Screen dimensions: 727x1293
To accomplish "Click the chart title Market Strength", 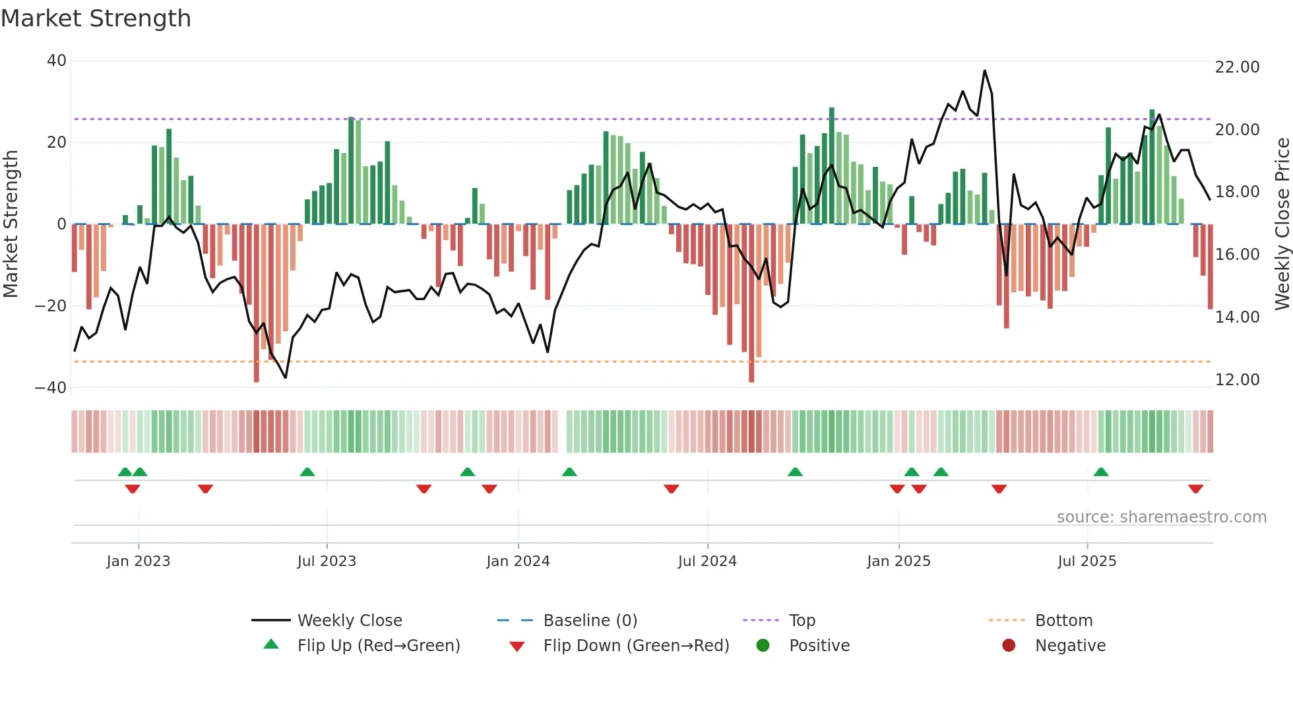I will click(96, 18).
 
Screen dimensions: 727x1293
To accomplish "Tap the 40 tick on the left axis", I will click(57, 61).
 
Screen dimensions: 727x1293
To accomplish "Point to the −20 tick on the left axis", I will click(51, 306).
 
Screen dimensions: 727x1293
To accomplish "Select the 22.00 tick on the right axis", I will click(1237, 67).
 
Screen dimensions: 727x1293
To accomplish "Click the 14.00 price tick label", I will click(1237, 317).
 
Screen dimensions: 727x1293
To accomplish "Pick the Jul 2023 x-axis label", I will click(327, 561).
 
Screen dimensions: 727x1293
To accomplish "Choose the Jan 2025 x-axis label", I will click(899, 561).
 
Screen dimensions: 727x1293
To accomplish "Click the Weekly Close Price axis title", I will click(1282, 224).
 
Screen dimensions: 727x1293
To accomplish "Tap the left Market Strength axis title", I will click(11, 224).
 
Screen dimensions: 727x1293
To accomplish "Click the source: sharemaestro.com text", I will click(1161, 517).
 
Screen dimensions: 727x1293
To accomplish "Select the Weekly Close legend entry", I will click(349, 621).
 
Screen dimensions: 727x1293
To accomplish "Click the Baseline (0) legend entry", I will click(590, 621).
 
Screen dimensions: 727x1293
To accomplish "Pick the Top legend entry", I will click(802, 621).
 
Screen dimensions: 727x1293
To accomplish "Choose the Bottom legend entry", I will click(1063, 621).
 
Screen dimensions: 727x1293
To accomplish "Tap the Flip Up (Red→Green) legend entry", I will click(378, 646).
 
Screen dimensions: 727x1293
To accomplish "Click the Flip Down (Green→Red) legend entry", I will click(636, 646).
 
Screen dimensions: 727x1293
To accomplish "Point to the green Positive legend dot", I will click(763, 646).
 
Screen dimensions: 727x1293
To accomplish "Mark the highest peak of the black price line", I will click(984, 71).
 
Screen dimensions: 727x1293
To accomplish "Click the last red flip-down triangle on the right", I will click(1195, 489).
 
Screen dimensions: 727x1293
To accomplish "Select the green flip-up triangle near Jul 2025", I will click(1101, 472).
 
